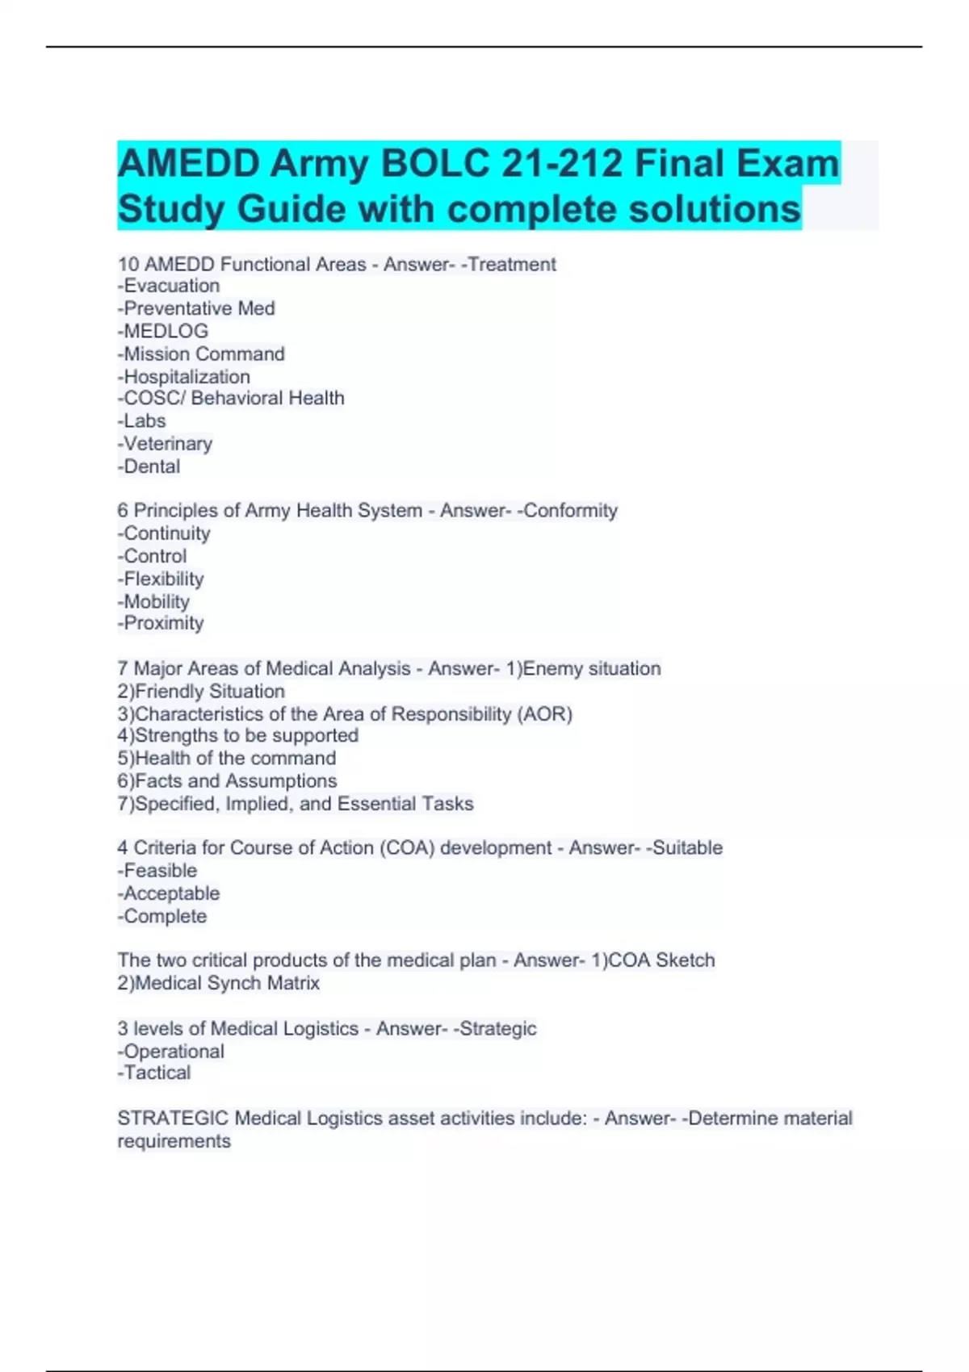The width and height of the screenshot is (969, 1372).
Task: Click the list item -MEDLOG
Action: (x=163, y=331)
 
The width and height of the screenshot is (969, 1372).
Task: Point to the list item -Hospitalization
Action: (x=184, y=377)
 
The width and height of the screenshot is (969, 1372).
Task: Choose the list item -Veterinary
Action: (x=166, y=444)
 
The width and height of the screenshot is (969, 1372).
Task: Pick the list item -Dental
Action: (x=149, y=466)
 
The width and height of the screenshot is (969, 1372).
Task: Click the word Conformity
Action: (x=570, y=511)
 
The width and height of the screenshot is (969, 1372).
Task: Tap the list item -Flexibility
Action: (x=161, y=579)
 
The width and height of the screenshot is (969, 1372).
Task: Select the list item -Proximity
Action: (x=161, y=623)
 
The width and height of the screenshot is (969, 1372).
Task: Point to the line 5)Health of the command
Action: (x=227, y=759)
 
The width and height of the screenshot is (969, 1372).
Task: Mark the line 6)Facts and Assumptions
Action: (x=227, y=781)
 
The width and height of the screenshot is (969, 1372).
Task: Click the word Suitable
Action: (x=687, y=848)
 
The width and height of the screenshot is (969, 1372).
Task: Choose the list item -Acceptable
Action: (x=169, y=893)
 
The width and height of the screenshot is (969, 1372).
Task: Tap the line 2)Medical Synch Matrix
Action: (x=219, y=983)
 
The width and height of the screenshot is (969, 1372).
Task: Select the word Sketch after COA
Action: (x=685, y=960)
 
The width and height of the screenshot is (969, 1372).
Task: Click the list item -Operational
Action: (x=171, y=1052)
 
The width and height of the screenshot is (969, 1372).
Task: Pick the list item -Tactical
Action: (x=154, y=1073)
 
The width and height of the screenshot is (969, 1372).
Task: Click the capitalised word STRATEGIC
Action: (x=173, y=1119)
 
